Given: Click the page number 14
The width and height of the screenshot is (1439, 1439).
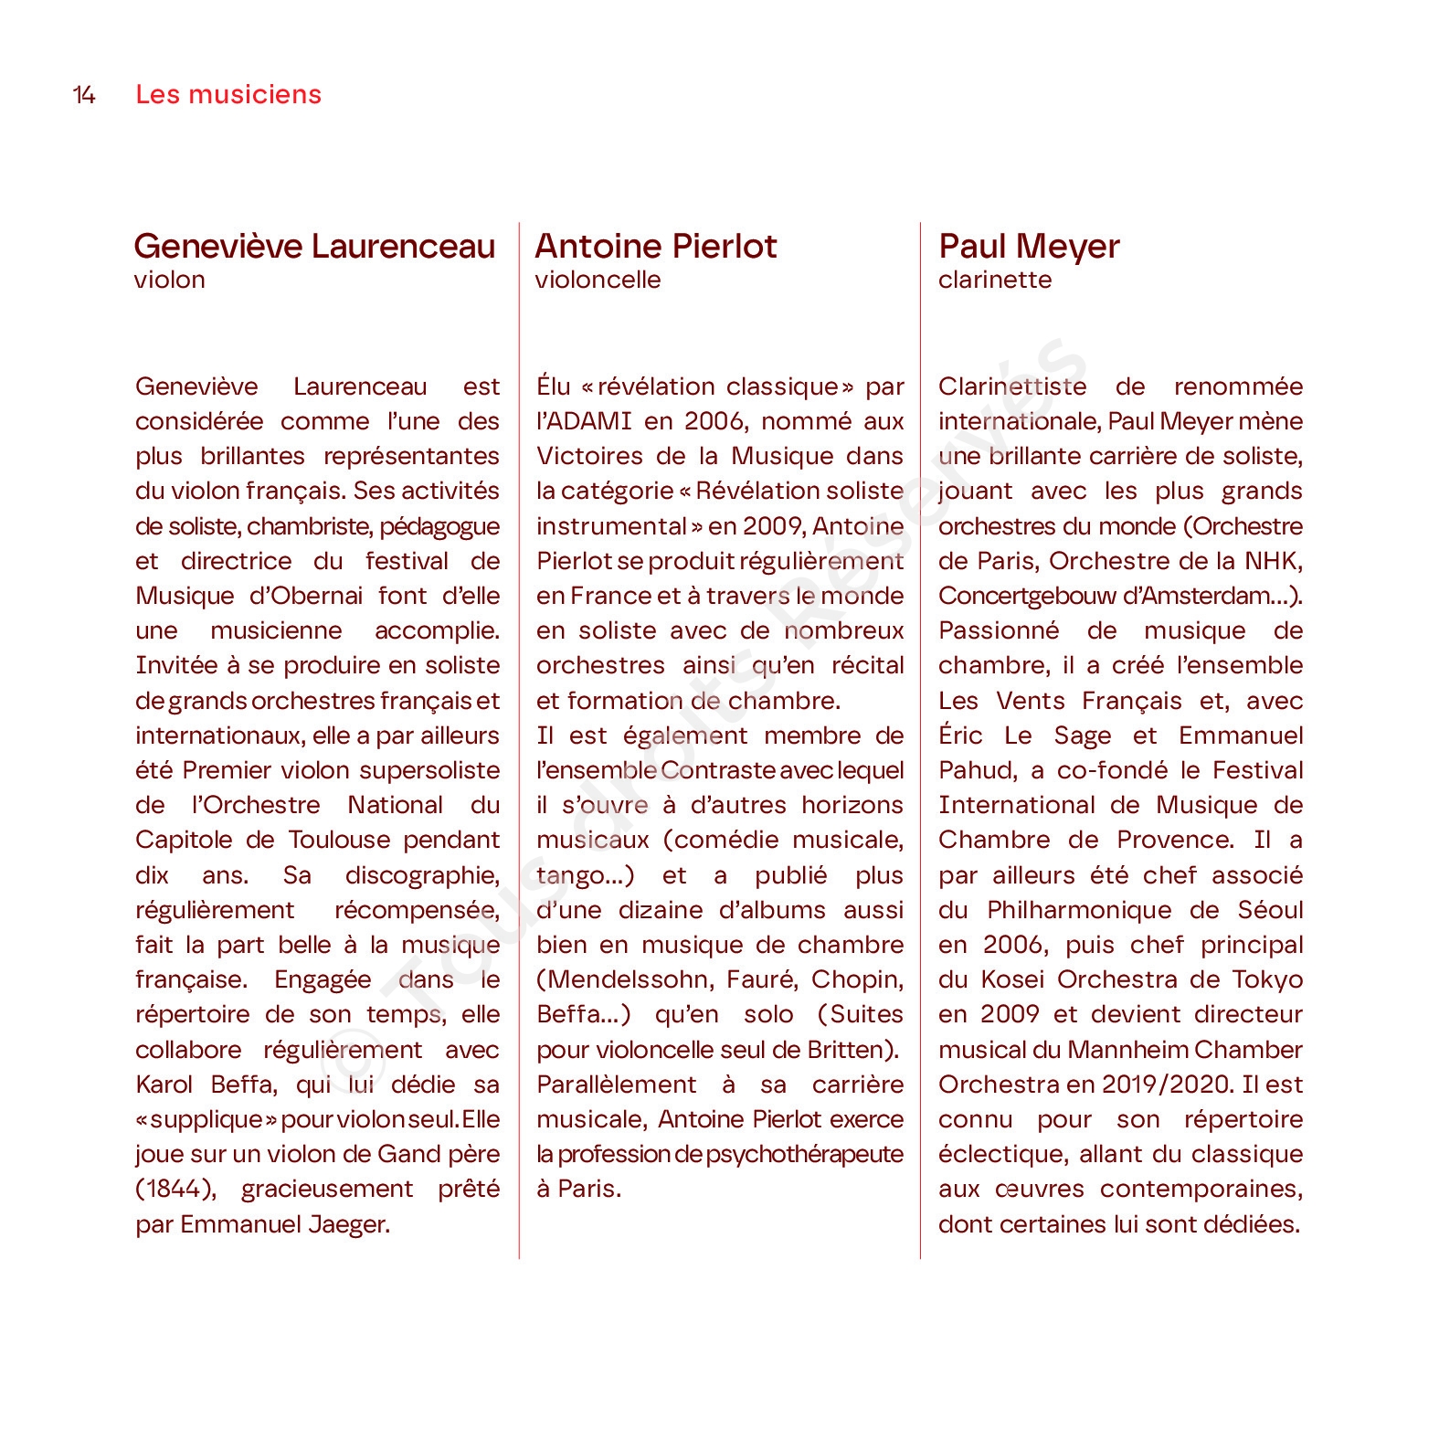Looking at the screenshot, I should [84, 95].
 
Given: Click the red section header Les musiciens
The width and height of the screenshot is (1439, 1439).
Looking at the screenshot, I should [228, 95].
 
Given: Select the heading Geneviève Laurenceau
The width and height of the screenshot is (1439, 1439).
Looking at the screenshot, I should [314, 247].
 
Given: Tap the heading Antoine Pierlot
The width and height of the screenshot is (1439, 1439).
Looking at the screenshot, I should [655, 247].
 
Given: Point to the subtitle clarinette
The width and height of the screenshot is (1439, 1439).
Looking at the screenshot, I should [994, 280].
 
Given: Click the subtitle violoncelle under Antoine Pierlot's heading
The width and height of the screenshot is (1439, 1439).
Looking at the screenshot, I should [598, 280].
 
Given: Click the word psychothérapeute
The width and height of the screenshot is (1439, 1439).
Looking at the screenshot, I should [804, 1155].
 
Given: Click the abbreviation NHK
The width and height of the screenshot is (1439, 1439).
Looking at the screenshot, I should [1272, 561].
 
